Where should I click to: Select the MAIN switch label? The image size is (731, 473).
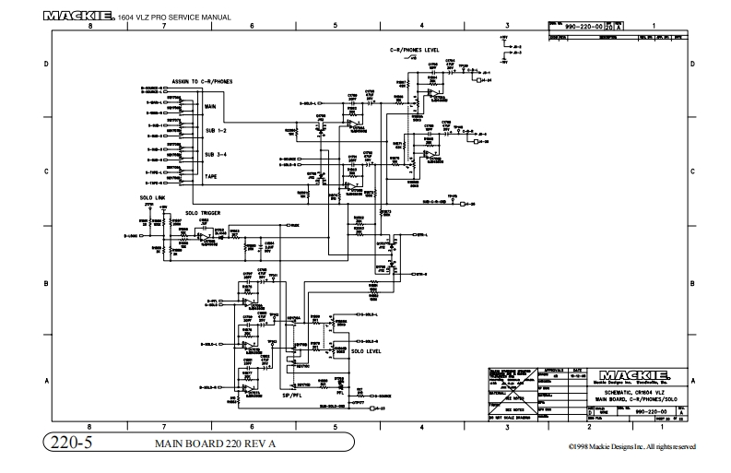210,107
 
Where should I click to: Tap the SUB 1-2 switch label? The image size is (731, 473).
214,130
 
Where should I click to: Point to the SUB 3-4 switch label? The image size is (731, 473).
214,154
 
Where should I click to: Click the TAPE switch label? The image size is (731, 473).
210,176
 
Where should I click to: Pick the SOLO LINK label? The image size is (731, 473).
139,197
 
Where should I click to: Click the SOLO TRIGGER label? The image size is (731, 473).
200,212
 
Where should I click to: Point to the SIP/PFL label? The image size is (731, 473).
292,394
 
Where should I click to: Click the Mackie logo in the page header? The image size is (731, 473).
78,17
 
